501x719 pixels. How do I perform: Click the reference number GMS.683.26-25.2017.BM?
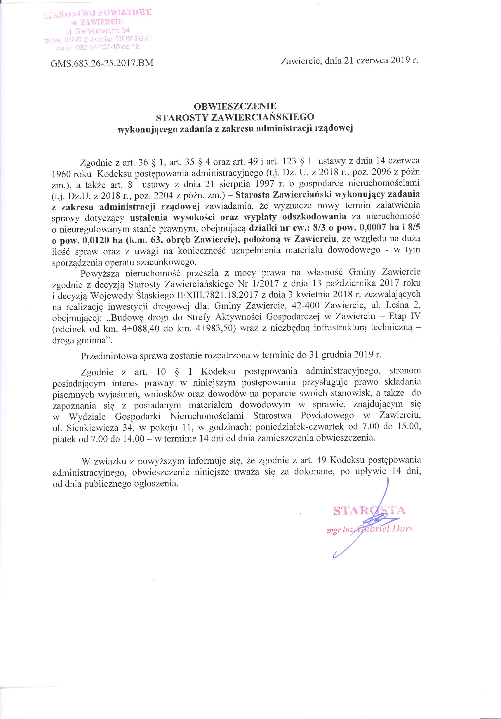(102, 63)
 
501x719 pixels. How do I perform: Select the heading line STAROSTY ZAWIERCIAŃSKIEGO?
(235, 117)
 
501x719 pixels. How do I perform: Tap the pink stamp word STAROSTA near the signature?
(369, 510)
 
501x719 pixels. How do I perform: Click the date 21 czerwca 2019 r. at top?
(381, 60)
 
